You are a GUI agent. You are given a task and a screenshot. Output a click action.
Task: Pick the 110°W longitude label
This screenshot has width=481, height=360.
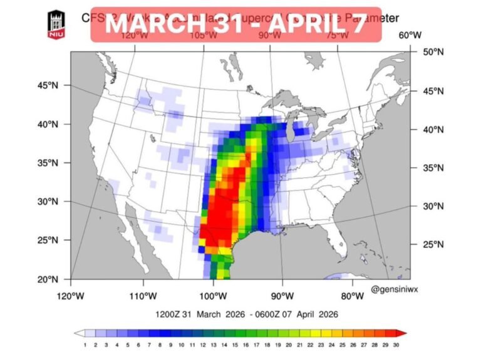[143, 296]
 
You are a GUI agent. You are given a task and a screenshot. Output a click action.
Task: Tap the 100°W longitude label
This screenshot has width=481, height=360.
[213, 296]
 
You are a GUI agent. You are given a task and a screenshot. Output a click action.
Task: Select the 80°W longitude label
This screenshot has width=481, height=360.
[353, 296]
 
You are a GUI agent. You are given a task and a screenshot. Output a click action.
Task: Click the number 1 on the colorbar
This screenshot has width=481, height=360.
[84, 344]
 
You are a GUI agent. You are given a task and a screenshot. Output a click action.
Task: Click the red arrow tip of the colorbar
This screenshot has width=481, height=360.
[403, 334]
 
